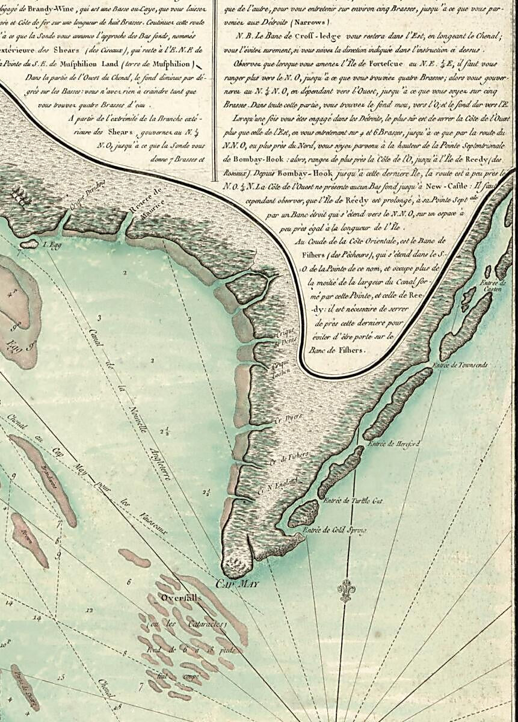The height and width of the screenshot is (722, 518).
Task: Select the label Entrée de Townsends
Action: click(460, 365)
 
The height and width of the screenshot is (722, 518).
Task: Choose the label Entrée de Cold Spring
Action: click(335, 530)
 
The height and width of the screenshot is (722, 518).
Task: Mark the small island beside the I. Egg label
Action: click(28, 245)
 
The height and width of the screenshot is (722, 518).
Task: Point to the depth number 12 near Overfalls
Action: click(90, 610)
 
